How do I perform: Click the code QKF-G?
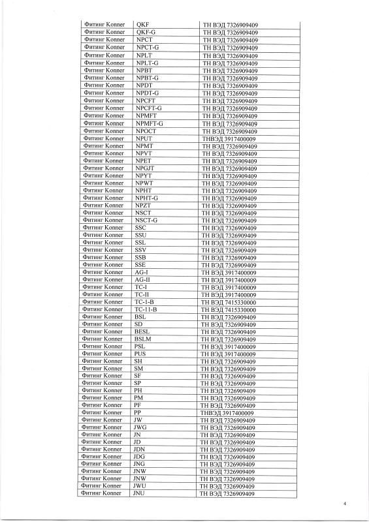pos(146,33)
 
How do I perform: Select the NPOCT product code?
pos(146,131)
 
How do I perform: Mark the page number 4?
pos(345,504)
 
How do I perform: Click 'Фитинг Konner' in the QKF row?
pos(104,25)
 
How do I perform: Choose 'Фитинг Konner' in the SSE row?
pos(104,265)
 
